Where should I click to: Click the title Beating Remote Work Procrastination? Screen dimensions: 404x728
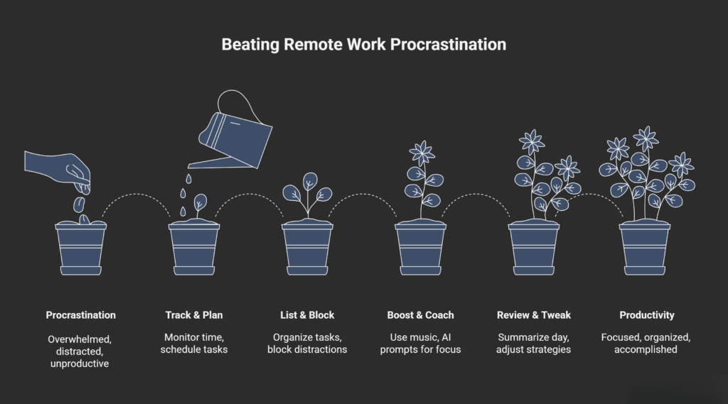[x=363, y=44]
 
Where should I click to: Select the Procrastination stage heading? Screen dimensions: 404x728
[x=80, y=315]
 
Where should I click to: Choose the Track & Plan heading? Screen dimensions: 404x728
[x=193, y=315]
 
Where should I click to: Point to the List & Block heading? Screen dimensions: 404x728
[x=307, y=315]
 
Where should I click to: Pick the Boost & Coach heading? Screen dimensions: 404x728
[x=420, y=315]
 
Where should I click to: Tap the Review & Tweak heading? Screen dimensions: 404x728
[x=534, y=315]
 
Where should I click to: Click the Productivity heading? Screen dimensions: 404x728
[x=646, y=315]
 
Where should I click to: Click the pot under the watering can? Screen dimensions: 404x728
[x=193, y=249]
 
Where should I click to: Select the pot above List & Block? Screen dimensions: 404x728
[x=307, y=249]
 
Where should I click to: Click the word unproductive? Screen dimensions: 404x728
[x=80, y=364]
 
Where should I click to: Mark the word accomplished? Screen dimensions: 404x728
[x=646, y=350]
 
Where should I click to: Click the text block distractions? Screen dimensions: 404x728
[x=307, y=350]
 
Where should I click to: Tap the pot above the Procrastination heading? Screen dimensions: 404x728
[x=80, y=249]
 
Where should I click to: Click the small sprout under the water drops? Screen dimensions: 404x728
[x=200, y=203]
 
